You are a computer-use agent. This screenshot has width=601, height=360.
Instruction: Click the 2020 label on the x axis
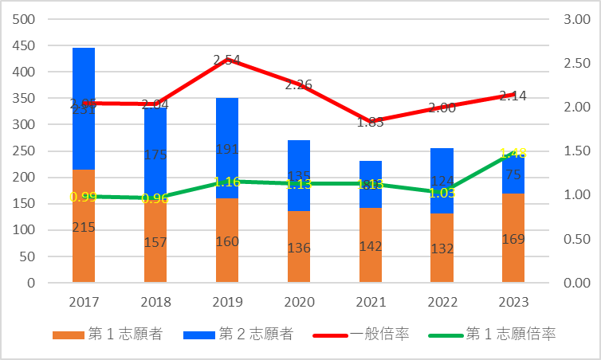[x=299, y=303]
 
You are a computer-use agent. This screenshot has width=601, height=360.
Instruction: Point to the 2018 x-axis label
[x=155, y=303]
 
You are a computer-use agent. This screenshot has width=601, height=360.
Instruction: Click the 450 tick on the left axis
[x=24, y=45]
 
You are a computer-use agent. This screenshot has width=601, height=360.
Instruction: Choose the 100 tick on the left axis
[x=24, y=230]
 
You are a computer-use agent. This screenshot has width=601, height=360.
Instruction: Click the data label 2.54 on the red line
[x=227, y=61]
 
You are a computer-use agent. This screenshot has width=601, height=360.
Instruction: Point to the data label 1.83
[x=371, y=122]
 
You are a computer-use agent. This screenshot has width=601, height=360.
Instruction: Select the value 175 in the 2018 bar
[x=155, y=155]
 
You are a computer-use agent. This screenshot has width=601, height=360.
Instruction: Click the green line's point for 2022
[x=442, y=192]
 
